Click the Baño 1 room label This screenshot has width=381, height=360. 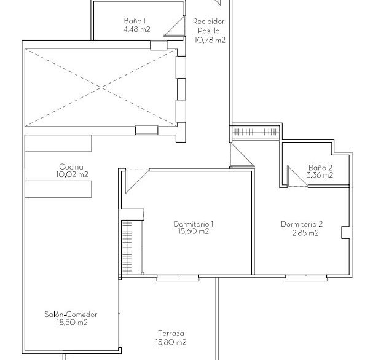click(135, 21)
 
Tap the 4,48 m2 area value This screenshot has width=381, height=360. click(136, 29)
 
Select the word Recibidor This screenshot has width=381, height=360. click(209, 22)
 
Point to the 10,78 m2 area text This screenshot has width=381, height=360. click(210, 40)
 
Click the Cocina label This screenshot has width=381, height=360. click(71, 167)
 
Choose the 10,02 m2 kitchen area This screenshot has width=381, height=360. click(72, 174)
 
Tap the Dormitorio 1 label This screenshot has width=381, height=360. click(194, 224)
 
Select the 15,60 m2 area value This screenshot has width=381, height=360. click(194, 232)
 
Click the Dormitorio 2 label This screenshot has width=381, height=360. click(302, 224)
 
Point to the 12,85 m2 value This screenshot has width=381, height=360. click(304, 233)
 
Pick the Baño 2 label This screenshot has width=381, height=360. click(320, 167)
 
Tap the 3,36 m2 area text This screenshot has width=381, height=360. click(320, 175)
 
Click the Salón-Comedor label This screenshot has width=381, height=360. click(71, 315)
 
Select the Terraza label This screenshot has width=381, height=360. click(171, 333)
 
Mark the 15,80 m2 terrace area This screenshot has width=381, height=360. click(171, 342)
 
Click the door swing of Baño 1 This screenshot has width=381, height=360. click(174, 26)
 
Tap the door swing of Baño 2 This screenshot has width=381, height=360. click(297, 176)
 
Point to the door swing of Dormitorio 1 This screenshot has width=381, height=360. click(136, 181)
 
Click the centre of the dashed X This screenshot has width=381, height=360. click(101, 88)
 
